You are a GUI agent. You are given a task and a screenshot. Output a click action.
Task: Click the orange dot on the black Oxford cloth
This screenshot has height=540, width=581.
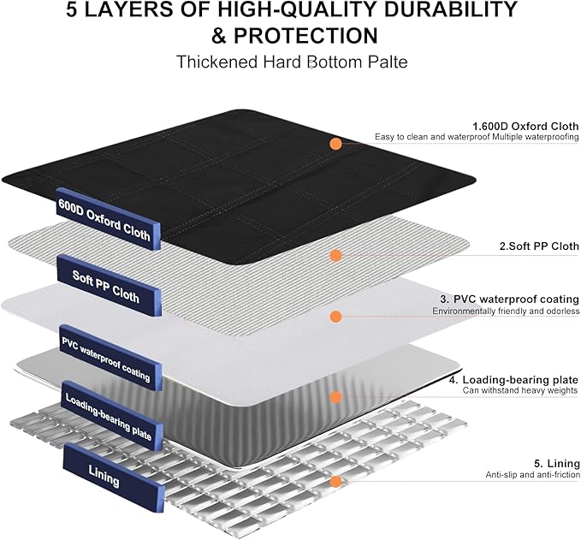335,144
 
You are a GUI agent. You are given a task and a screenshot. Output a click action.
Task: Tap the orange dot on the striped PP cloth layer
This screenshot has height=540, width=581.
335,255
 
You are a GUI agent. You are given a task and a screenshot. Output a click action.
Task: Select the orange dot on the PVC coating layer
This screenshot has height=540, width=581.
335,317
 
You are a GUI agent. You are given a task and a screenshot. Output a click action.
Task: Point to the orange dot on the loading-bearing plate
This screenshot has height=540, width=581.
335,397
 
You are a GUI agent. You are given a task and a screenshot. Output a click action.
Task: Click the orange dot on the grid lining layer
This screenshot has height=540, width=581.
335,482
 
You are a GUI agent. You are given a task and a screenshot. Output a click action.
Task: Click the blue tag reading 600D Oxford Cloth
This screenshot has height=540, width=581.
108,219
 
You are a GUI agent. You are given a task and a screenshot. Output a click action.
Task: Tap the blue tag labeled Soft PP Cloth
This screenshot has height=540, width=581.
110,285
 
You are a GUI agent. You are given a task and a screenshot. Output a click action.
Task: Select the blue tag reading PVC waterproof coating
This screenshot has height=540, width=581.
110,358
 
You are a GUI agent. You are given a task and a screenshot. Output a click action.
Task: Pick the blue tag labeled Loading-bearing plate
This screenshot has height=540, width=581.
111,415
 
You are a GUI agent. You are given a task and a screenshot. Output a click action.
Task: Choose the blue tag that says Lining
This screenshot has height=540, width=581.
114,478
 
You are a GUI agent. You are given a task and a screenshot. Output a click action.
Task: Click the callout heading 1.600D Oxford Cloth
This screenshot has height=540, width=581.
525,127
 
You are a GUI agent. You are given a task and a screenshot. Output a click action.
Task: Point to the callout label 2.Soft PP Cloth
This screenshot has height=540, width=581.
539,246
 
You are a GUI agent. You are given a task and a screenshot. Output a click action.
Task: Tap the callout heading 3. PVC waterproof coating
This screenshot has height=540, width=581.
509,299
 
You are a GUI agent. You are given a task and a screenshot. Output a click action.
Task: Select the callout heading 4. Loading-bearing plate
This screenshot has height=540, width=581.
513,380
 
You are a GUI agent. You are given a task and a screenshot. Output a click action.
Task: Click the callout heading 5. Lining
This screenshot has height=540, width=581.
557,464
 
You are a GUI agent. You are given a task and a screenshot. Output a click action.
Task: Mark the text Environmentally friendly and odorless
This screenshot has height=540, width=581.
506,311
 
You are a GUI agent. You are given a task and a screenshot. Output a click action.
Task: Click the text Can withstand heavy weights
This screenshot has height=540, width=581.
520,390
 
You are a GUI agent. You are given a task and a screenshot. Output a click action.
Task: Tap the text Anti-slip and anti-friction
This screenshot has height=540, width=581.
533,475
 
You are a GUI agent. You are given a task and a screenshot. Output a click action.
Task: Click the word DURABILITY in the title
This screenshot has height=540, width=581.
450,9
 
